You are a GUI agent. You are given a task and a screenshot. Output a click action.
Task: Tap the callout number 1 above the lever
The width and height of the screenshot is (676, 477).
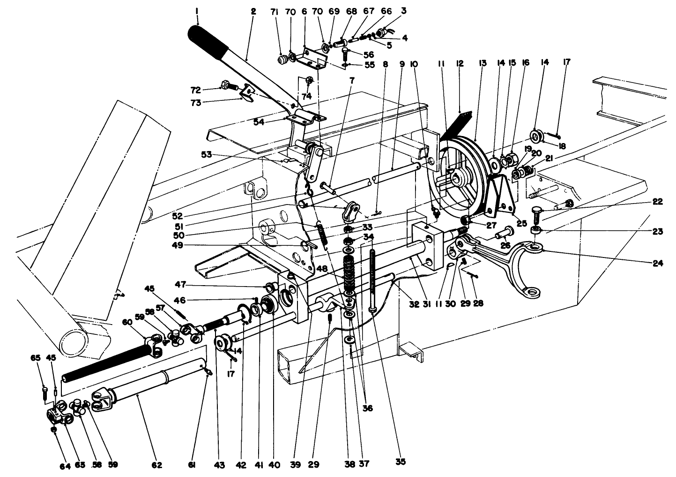pos(198,10)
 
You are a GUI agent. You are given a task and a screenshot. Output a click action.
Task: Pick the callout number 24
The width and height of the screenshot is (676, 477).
pos(657,263)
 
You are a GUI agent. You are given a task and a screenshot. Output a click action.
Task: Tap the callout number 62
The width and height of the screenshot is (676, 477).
pos(157,465)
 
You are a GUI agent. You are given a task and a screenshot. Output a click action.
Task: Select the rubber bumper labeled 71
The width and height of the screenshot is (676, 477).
pos(282,61)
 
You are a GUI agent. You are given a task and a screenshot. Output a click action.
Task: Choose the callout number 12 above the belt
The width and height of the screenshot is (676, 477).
pos(460,63)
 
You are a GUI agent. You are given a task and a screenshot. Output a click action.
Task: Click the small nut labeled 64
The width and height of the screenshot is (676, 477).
pos(54,429)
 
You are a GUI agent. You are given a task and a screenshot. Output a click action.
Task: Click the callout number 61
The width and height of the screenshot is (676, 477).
pos(192,465)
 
